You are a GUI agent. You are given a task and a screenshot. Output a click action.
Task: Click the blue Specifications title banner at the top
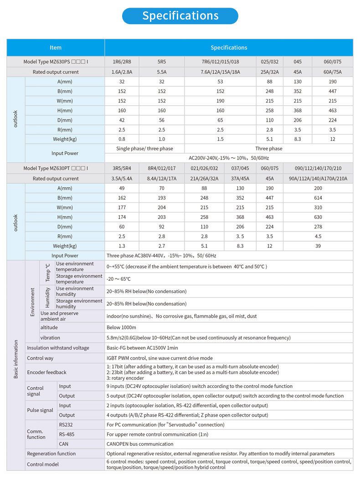(180, 16)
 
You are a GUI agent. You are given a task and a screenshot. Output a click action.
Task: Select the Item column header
(56, 47)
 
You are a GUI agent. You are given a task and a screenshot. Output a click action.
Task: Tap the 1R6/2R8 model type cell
(122, 62)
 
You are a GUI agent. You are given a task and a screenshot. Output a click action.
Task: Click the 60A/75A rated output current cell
(332, 72)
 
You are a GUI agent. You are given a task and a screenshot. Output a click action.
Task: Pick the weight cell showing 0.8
(122, 139)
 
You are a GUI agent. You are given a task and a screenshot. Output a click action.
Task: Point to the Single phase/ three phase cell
(145, 149)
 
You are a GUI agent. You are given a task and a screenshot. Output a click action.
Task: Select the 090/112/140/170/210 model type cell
(318, 169)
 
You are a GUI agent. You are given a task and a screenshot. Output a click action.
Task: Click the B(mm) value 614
(318, 198)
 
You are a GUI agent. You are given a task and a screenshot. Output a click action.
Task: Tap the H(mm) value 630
(318, 217)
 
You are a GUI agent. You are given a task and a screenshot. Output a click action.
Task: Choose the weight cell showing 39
(318, 246)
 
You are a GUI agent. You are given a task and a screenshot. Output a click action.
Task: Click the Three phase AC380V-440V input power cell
(161, 256)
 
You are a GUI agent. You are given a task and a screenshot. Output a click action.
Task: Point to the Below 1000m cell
(121, 327)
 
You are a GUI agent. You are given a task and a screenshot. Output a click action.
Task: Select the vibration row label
(50, 338)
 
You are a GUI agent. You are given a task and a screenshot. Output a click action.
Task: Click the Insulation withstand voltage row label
(58, 348)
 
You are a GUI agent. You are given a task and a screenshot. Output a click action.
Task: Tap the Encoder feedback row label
(46, 372)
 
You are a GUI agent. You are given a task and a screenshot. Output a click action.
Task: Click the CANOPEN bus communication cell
(140, 444)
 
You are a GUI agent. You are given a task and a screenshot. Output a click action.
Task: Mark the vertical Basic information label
(16, 359)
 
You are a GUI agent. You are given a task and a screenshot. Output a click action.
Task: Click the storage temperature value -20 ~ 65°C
(118, 279)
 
